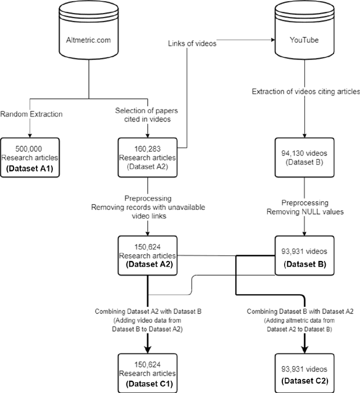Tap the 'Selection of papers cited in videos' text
tap(148, 115)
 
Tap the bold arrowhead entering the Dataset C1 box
tap(148, 350)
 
